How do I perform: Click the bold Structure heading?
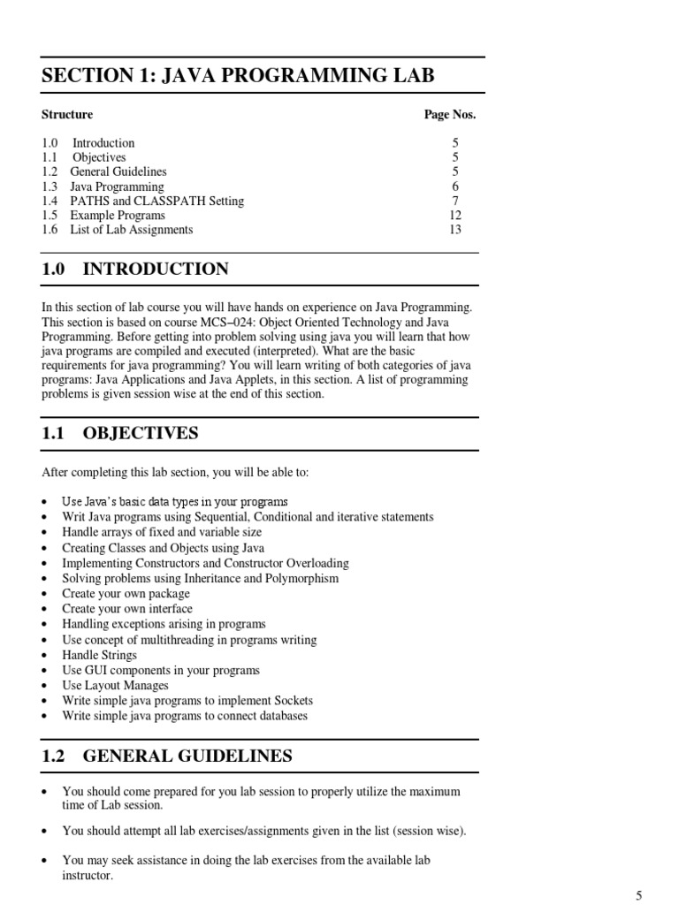pyautogui.click(x=67, y=115)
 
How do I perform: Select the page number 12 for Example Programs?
pyautogui.click(x=455, y=216)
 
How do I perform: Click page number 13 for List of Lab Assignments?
pyautogui.click(x=455, y=230)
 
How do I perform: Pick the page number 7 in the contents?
pyautogui.click(x=455, y=202)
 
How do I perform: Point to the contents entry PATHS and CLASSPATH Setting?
pyautogui.click(x=157, y=202)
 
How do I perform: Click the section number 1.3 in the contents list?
pyautogui.click(x=50, y=187)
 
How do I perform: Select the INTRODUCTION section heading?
pyautogui.click(x=156, y=270)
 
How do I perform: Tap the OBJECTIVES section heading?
pyautogui.click(x=141, y=433)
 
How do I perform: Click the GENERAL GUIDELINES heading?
pyautogui.click(x=187, y=757)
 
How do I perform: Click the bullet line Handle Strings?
pyautogui.click(x=99, y=655)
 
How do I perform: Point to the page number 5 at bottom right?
pyautogui.click(x=638, y=896)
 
